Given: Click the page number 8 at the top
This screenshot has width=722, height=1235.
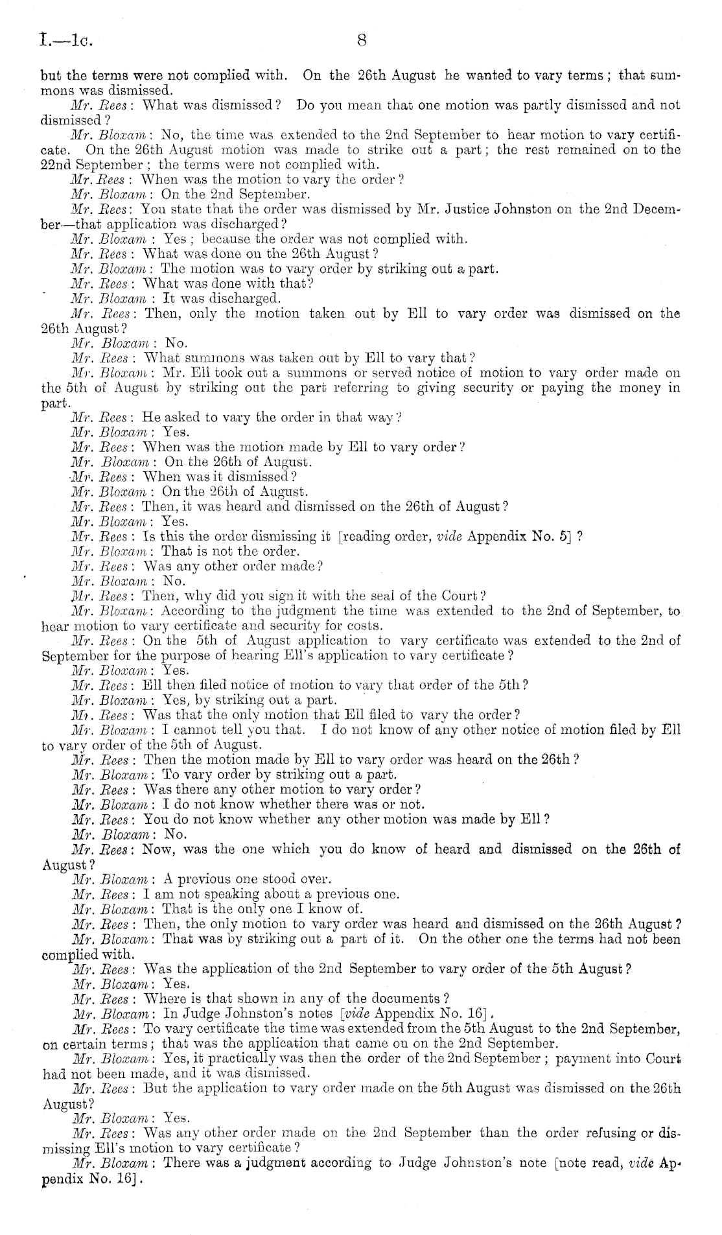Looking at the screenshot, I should click(x=362, y=41).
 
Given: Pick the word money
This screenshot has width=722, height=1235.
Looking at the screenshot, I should click(x=638, y=388).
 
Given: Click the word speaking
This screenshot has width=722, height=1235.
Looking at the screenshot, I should click(x=237, y=895).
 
